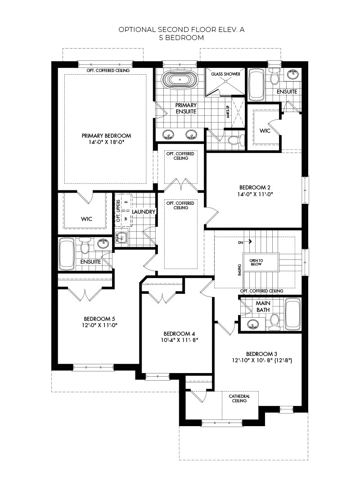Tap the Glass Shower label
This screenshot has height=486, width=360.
225,74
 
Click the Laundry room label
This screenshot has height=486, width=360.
144,211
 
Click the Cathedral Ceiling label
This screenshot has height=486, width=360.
239,398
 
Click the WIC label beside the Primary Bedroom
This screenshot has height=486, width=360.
86,219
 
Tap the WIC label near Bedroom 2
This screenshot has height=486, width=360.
265,131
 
